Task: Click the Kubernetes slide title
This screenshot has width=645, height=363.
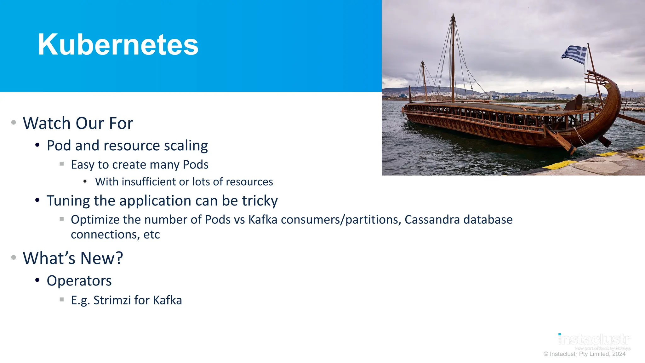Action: pos(118,44)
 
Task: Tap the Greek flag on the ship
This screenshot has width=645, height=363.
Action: pos(575,54)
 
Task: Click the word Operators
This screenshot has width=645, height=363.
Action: pos(79,281)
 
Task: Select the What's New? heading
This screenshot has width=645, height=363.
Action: pos(73,258)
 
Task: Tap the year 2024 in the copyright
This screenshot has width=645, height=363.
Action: pos(619,354)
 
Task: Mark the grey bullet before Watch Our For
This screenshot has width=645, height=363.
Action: pos(14,123)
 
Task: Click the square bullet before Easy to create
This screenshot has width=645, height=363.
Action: pos(62,164)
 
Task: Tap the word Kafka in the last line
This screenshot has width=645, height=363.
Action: pos(167,300)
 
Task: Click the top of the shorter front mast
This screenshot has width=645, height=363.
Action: pos(422,63)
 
